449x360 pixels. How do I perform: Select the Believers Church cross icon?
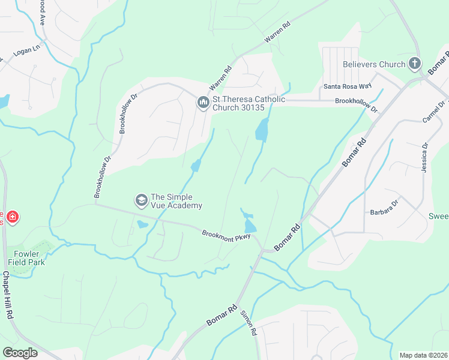pyautogui.click(x=414, y=64)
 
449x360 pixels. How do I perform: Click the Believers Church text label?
pyautogui.click(x=374, y=64)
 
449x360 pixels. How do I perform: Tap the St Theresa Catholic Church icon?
pyautogui.click(x=202, y=103)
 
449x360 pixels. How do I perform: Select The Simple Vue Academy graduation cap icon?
pyautogui.click(x=141, y=200)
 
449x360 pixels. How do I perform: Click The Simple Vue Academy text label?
pyautogui.click(x=176, y=200)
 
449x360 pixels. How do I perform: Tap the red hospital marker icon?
pyautogui.click(x=12, y=217)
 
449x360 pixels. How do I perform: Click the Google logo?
pyautogui.click(x=20, y=353)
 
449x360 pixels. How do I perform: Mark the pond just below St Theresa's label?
pyautogui.click(x=262, y=130)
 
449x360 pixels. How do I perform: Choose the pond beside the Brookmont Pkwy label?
pyautogui.click(x=250, y=225)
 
